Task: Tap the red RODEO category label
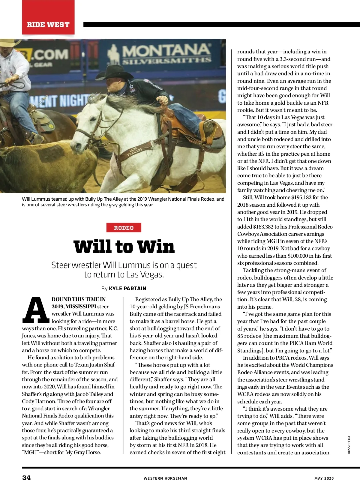[x=124, y=228]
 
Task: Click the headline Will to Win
[x=124, y=247]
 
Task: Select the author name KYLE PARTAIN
[x=127, y=289]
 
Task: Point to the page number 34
[x=26, y=478]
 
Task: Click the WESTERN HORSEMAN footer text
[x=165, y=478]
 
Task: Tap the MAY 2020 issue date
[x=324, y=478]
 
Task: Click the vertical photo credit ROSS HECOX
[x=349, y=445]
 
